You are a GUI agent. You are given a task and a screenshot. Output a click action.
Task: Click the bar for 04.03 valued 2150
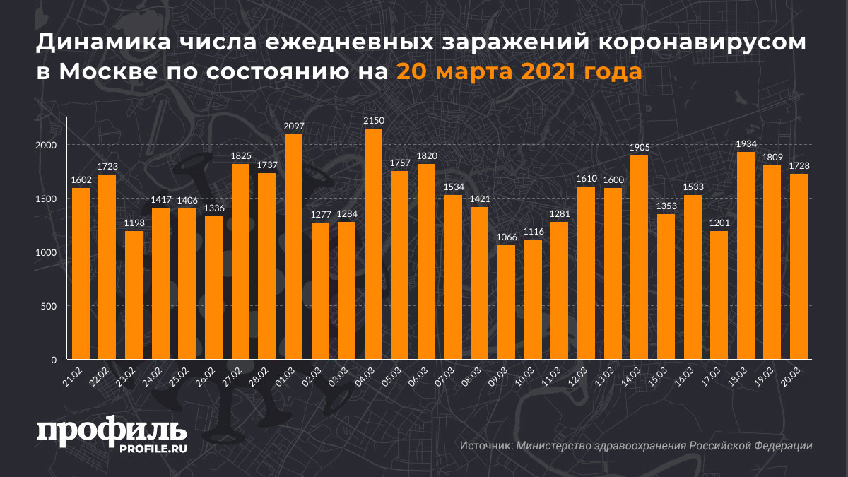(373, 244)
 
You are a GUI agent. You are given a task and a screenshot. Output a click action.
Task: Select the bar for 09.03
(506, 302)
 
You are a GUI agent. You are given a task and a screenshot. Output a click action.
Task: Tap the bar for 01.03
(293, 247)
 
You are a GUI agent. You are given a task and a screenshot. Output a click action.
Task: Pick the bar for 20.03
(799, 266)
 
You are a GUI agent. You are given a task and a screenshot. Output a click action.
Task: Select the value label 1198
(134, 224)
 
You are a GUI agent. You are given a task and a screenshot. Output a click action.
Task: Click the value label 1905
(639, 148)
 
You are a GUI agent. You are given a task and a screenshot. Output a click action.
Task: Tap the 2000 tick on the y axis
(44, 145)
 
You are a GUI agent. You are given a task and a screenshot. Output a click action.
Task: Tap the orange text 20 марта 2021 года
(519, 71)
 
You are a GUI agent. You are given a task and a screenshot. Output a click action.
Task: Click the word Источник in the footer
(485, 446)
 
